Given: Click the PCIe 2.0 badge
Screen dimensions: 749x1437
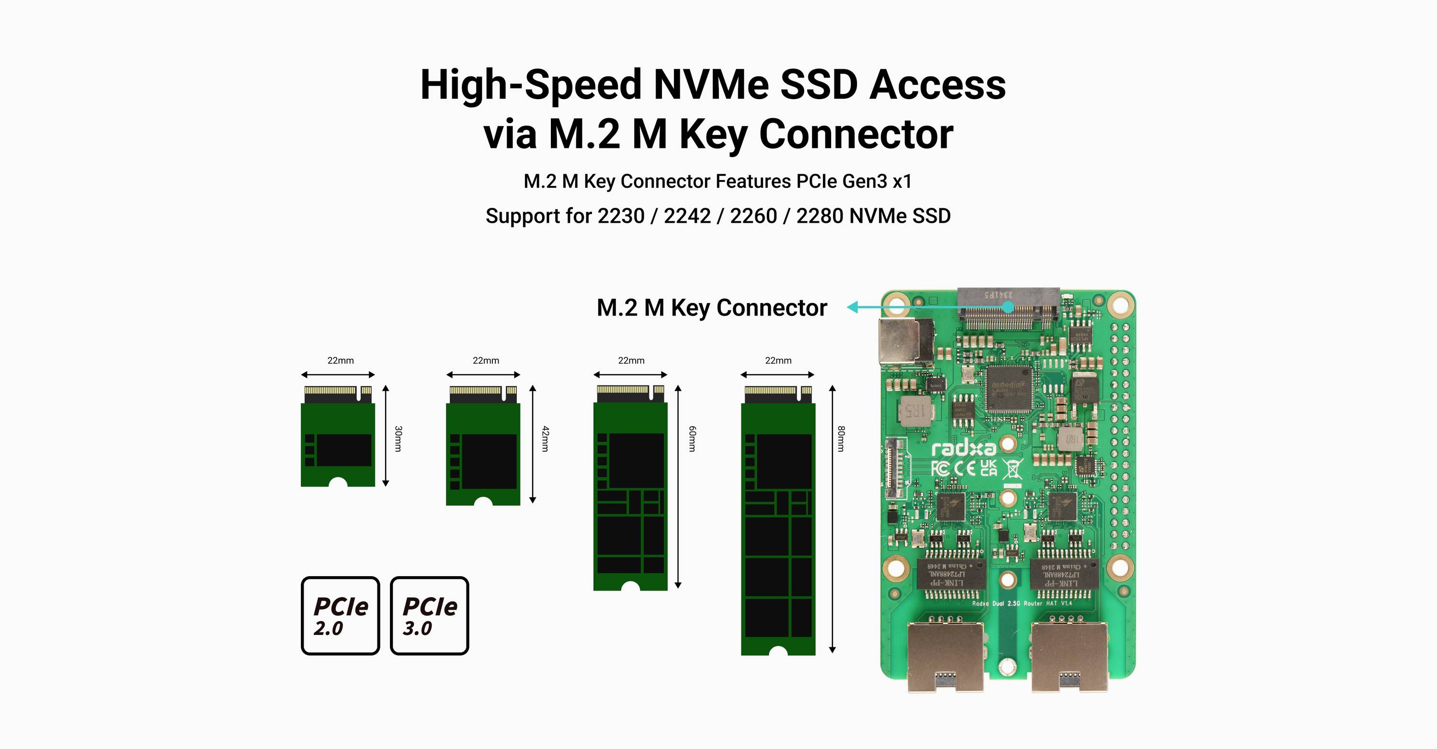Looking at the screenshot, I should tap(340, 615).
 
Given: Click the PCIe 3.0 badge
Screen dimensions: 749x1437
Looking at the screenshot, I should tap(430, 615).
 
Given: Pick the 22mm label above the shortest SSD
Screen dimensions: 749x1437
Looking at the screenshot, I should tap(340, 360).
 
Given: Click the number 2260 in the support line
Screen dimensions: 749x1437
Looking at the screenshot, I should tap(753, 216).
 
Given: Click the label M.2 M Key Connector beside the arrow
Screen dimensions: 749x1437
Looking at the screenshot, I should tap(712, 308).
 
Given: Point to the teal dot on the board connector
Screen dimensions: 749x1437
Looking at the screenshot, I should tap(1007, 307).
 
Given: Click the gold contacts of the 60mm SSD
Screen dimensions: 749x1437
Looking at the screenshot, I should tap(623, 389).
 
